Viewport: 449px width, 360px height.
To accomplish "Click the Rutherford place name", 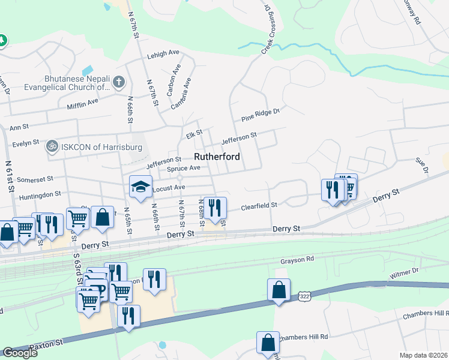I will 217,157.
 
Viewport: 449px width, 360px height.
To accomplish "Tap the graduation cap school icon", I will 141,186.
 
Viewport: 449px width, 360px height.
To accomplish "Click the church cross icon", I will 119,82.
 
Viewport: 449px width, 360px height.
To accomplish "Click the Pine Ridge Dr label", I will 261,113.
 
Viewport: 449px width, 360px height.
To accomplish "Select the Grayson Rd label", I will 297,261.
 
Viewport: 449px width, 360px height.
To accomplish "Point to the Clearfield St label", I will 259,206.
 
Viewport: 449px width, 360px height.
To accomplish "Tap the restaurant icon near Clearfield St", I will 215,208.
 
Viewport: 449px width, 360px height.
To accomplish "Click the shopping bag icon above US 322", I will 279,290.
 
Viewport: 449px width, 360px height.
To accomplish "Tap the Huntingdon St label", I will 41,194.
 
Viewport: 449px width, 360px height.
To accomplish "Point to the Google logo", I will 20,353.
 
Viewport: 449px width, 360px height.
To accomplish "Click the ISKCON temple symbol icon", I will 53,146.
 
